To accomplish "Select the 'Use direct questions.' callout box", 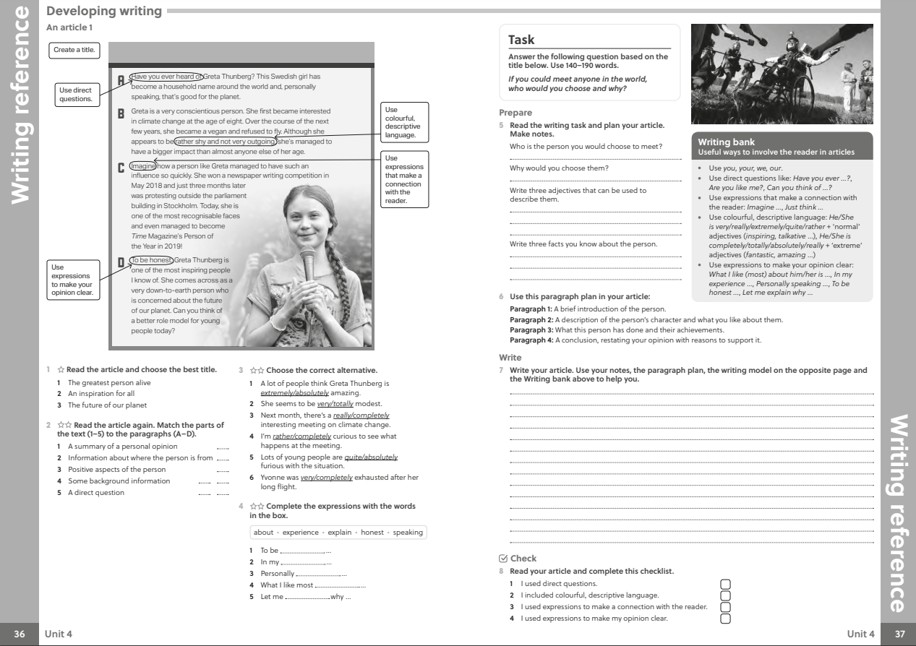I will [x=75, y=94].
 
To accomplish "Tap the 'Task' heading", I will [x=521, y=40].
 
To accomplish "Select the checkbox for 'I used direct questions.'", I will [x=726, y=584].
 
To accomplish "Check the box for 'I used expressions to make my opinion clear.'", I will [x=726, y=618].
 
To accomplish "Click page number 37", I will [x=899, y=634].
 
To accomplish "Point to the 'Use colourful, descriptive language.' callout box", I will [x=402, y=123].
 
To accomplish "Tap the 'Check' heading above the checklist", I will [x=523, y=559].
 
